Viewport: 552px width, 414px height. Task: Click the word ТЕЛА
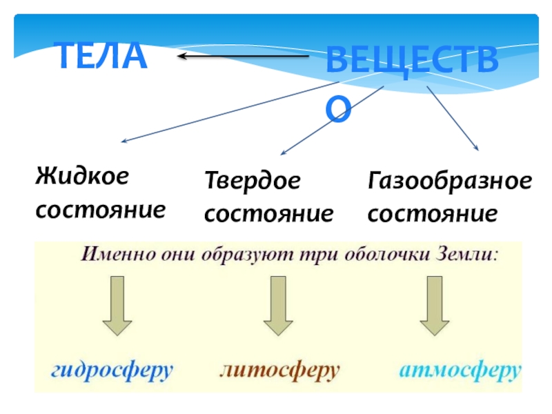click(101, 56)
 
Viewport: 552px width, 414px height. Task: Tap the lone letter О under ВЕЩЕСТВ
click(339, 109)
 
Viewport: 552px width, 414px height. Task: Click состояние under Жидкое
click(101, 208)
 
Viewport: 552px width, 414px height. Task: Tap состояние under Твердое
click(269, 214)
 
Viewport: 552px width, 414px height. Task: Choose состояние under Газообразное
click(433, 214)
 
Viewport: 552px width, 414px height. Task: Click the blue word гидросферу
click(111, 371)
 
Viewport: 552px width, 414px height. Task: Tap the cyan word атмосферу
click(459, 371)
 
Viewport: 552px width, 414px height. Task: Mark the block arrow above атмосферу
click(434, 306)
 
